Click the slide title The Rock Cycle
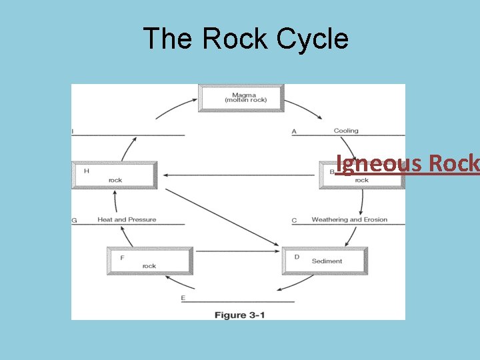[x=245, y=39]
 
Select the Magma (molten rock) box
[x=241, y=97]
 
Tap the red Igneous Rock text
[x=407, y=163]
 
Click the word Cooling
[x=346, y=131]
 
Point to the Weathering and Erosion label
[x=349, y=219]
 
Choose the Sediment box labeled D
[x=325, y=261]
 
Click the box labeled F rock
[x=150, y=261]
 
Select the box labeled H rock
[x=115, y=175]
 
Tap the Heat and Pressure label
[x=127, y=219]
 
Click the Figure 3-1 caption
[x=239, y=315]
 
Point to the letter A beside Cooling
[x=294, y=131]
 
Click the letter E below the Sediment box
[x=183, y=298]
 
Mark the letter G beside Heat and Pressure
[x=74, y=220]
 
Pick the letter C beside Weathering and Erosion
[x=294, y=220]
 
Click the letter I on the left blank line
[x=73, y=131]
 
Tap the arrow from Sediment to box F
[x=237, y=251]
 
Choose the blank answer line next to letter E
[x=240, y=301]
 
